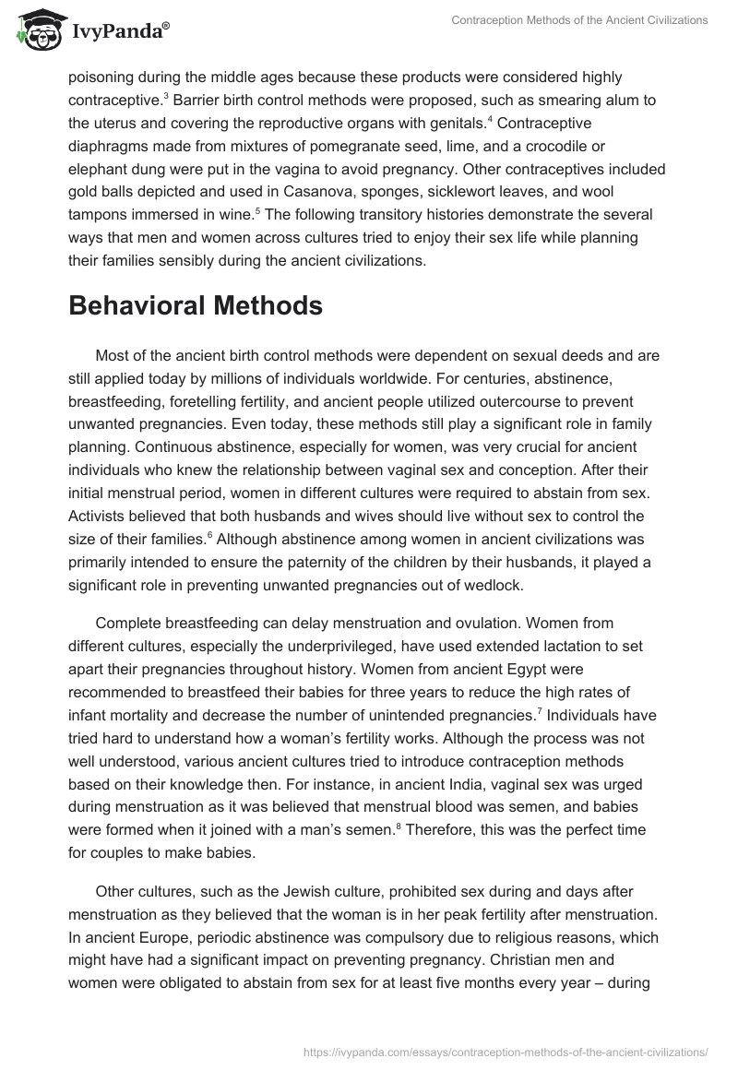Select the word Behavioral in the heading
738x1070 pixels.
[142, 306]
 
